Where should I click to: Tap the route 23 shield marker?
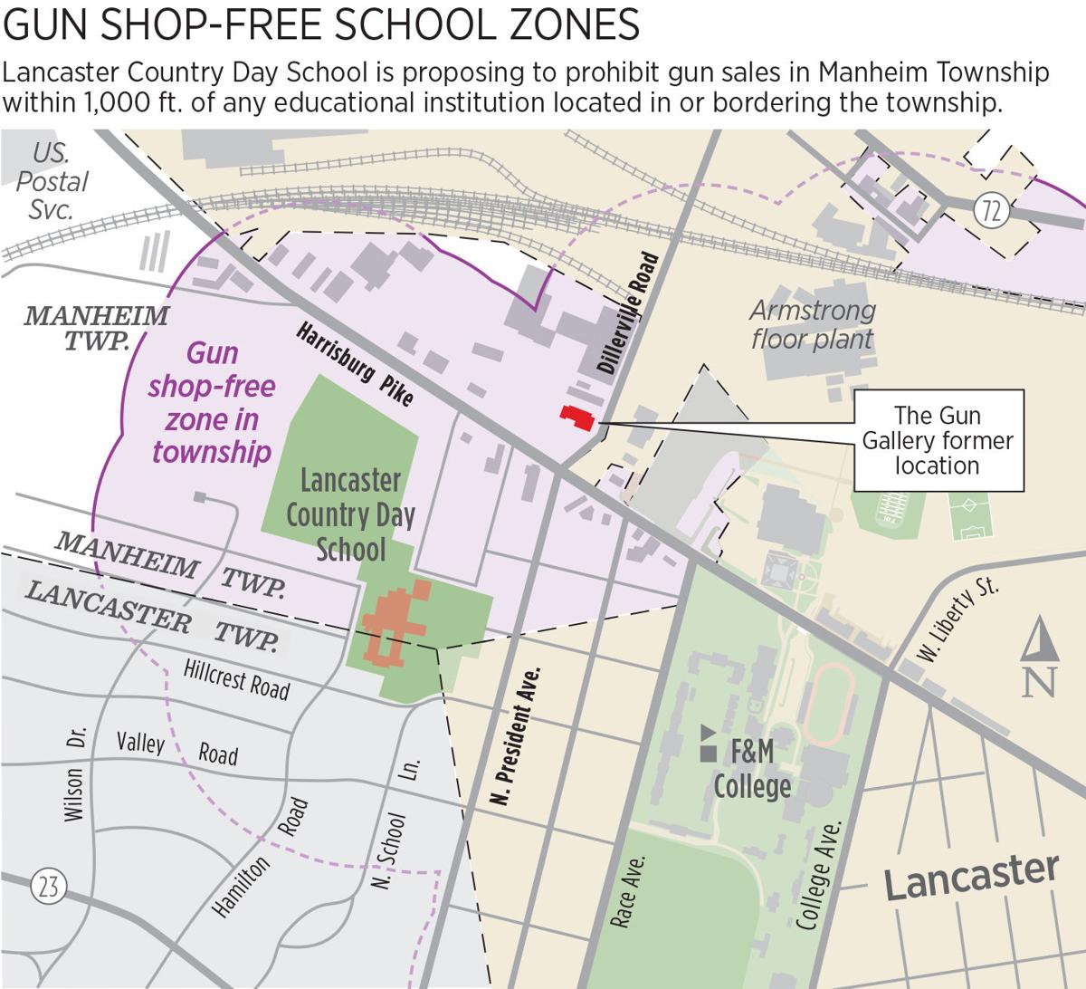47,885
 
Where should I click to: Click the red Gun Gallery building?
577,418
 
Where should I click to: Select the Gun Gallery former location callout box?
938,440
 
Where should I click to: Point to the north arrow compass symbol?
1040,657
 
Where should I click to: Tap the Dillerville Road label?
627,314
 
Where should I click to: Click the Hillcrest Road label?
236,679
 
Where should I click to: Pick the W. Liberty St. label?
957,620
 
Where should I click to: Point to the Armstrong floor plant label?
812,324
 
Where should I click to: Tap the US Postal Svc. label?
52,181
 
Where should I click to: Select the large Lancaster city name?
970,875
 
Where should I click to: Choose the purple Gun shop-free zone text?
212,402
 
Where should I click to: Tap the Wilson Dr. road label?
74,773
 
